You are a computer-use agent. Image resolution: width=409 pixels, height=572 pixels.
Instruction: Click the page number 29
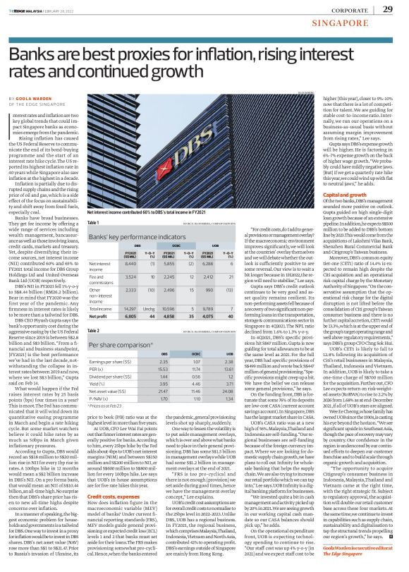click(387, 8)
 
